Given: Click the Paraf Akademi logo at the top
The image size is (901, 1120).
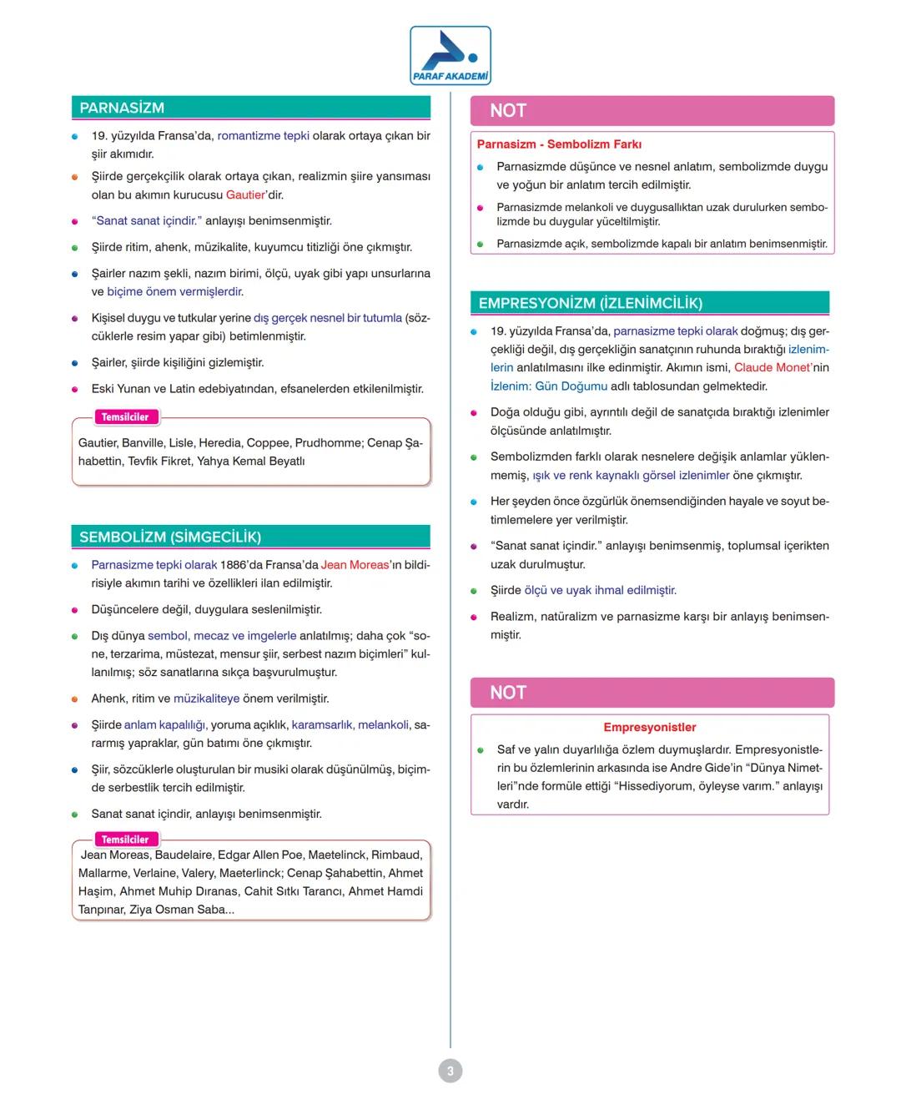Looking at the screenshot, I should pyautogui.click(x=450, y=55).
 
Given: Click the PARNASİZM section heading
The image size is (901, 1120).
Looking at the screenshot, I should pyautogui.click(x=122, y=108).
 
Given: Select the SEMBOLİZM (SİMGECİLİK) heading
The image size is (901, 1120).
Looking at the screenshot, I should pyautogui.click(x=170, y=537).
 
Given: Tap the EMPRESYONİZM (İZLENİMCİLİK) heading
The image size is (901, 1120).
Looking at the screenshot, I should pyautogui.click(x=590, y=303).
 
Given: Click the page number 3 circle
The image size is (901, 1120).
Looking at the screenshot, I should pyautogui.click(x=450, y=1071).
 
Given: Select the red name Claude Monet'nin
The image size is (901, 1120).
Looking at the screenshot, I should pyautogui.click(x=781, y=367).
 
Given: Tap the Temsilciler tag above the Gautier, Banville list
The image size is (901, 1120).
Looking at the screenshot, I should pyautogui.click(x=124, y=417).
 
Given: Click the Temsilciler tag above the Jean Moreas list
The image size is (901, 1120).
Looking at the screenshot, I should pyautogui.click(x=124, y=840).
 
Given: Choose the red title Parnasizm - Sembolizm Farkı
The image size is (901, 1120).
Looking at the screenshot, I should pyautogui.click(x=559, y=144).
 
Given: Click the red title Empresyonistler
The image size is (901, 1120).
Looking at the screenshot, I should pyautogui.click(x=649, y=727).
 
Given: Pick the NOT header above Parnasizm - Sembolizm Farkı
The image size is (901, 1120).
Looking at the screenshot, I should pyautogui.click(x=508, y=110).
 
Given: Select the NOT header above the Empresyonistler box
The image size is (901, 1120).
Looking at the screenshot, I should pyautogui.click(x=508, y=693).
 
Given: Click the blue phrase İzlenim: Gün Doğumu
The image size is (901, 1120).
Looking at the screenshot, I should pyautogui.click(x=548, y=386).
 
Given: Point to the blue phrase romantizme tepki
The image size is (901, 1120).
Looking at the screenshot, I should pyautogui.click(x=263, y=135).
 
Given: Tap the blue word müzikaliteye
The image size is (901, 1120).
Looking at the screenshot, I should pyautogui.click(x=206, y=699).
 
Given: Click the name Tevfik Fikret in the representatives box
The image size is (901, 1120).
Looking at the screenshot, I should pyautogui.click(x=159, y=461).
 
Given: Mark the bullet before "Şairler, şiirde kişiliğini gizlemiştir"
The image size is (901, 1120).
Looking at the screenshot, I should pyautogui.click(x=75, y=363).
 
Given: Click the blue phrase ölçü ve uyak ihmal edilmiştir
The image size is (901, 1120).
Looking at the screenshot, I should pyautogui.click(x=600, y=590).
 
